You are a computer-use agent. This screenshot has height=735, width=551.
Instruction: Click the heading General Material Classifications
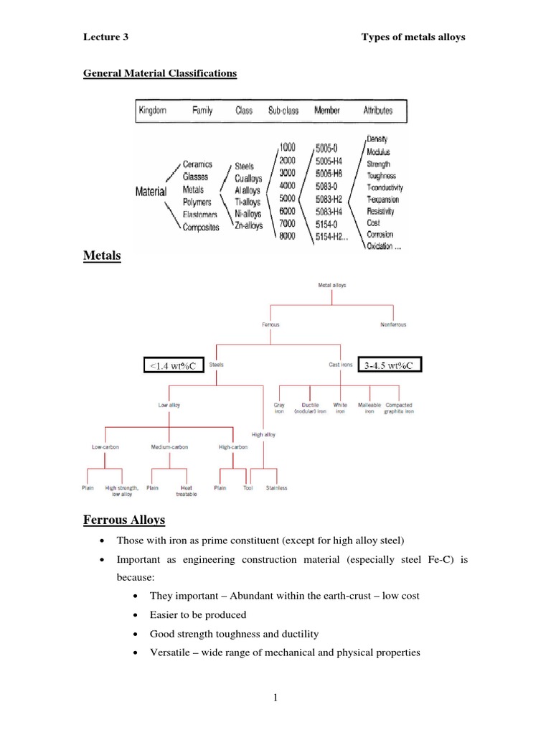coord(160,73)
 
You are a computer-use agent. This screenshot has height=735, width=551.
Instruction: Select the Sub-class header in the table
coord(283,111)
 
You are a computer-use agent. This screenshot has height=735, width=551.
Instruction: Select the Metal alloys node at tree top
coord(331,285)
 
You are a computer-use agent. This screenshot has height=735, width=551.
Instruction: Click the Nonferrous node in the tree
coord(393,324)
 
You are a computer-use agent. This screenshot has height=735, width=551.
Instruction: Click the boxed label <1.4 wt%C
coord(174,367)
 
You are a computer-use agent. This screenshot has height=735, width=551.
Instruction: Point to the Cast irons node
coord(341,365)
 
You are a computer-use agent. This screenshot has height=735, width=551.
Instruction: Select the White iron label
coord(340,408)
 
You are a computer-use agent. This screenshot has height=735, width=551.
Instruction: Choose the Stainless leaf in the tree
coord(276,488)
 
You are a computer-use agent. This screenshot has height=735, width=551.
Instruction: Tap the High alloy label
coord(263,434)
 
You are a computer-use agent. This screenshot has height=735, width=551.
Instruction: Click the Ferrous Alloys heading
coord(124,519)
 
